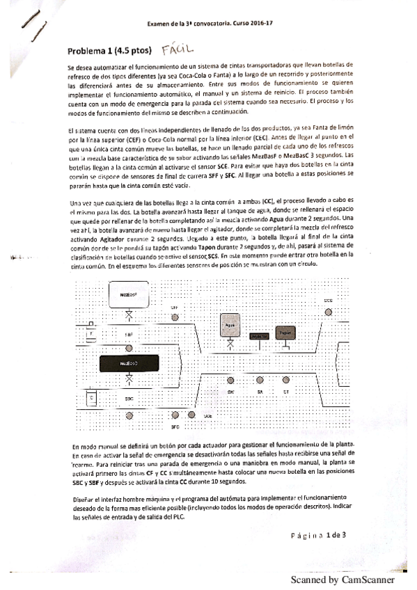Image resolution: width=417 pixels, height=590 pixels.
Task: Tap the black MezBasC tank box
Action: coord(128,362)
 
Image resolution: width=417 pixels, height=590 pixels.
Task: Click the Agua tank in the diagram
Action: coord(230,325)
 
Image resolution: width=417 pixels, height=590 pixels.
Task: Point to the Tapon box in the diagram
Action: coord(285,333)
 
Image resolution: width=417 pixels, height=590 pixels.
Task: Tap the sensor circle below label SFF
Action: coord(174,317)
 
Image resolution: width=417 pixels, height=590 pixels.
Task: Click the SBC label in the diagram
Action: coord(129,399)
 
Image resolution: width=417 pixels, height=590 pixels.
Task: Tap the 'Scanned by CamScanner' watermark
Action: coord(342,579)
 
